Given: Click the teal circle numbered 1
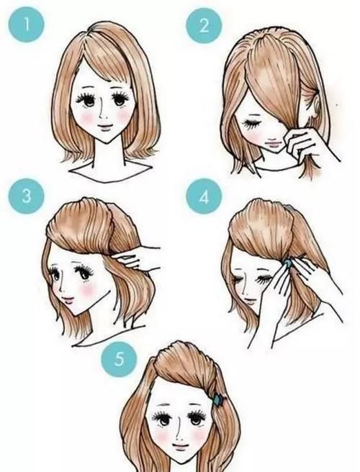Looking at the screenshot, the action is tap(26, 24).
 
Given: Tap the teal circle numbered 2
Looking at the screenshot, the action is tap(204, 25).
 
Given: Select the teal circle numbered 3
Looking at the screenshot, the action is tap(26, 196).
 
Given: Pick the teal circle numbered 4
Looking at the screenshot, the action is tap(204, 196).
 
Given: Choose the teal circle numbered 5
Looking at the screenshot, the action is tap(120, 359).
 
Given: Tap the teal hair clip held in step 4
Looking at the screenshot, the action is tap(287, 263).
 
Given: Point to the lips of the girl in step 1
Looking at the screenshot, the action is tap(105, 127).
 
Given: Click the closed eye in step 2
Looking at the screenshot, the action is tap(251, 124).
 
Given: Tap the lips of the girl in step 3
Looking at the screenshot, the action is tap(68, 300).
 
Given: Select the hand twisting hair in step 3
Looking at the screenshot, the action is tap(137, 258).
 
